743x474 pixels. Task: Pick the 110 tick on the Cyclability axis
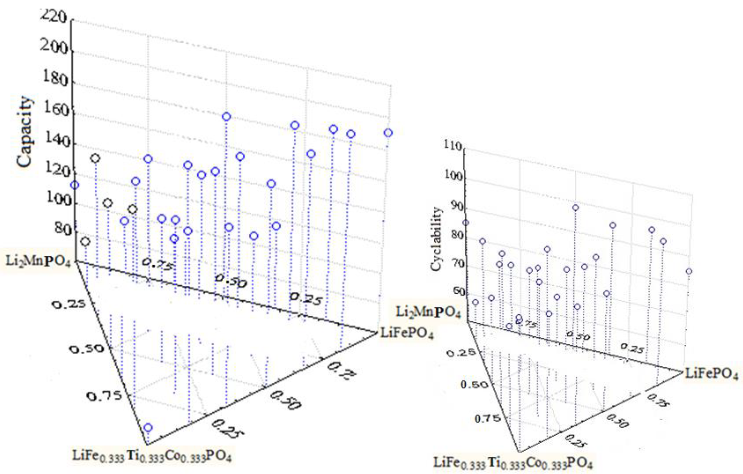pos(453,146)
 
